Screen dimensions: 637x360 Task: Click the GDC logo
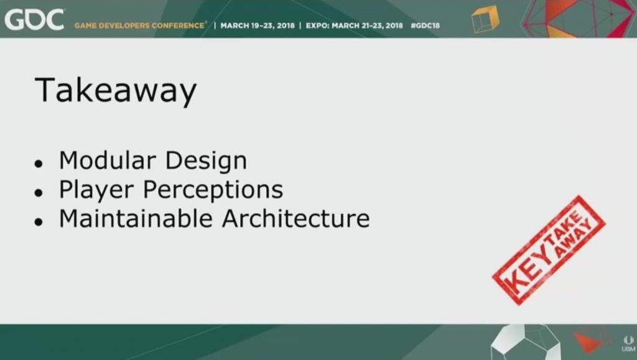tap(34, 20)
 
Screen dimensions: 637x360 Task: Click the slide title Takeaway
tap(116, 91)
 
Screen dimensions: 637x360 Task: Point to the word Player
tap(96, 190)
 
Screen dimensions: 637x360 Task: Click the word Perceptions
tap(213, 190)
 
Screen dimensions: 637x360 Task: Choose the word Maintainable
tap(136, 218)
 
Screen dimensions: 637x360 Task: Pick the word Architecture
tap(295, 218)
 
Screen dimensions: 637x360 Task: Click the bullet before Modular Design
tap(39, 164)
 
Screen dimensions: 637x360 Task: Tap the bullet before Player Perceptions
tap(39, 192)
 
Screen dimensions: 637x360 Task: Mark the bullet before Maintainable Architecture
tap(39, 221)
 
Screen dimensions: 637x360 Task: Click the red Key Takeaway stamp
tap(549, 251)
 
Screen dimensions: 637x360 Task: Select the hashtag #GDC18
tap(425, 25)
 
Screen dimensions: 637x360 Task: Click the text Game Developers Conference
tap(139, 25)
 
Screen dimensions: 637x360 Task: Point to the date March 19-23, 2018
tap(258, 25)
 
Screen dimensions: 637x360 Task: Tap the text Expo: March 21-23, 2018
tap(354, 25)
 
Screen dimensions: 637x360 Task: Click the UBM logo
tap(628, 344)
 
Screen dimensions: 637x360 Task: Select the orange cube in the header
tap(485, 19)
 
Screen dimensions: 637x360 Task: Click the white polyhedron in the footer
tap(526, 342)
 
